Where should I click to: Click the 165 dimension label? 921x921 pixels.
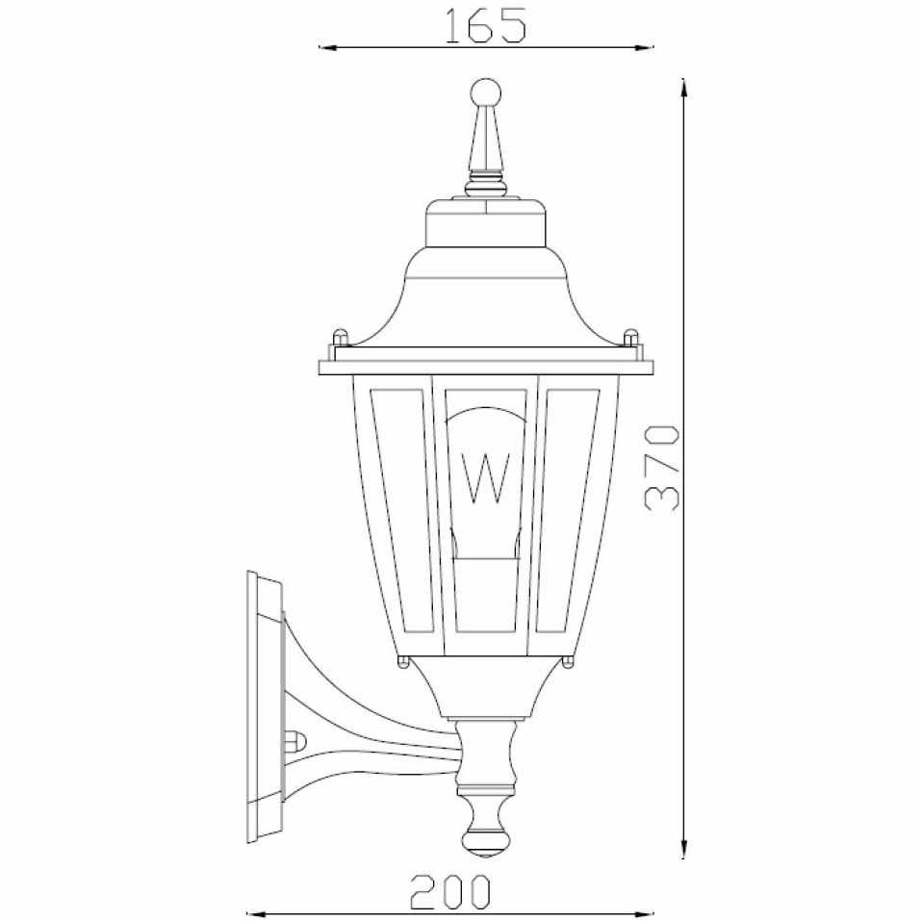click(485, 26)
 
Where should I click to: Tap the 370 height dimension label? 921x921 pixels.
click(662, 467)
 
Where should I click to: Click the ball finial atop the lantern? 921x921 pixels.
click(486, 92)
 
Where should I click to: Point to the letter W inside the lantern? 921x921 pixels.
click(486, 478)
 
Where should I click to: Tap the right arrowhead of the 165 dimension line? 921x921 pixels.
click(645, 47)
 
